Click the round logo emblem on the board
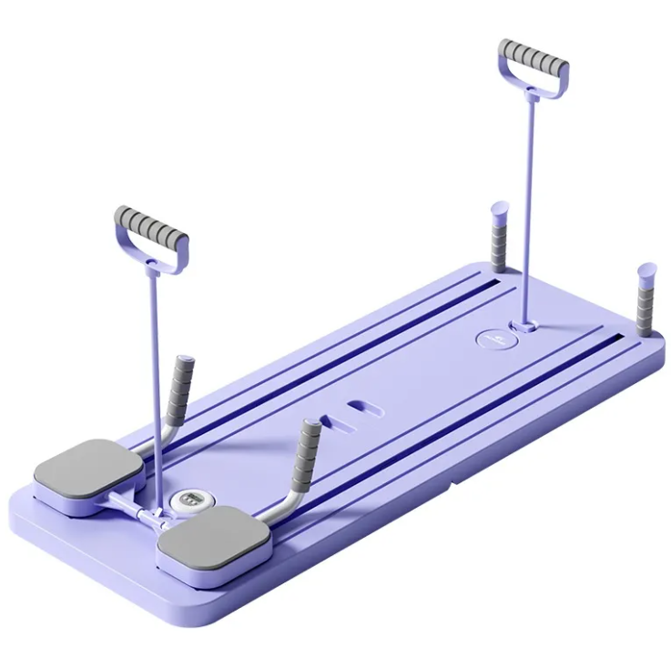click(493, 338)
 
